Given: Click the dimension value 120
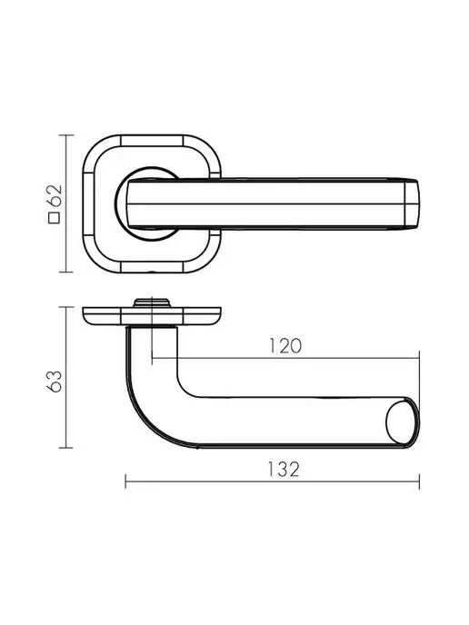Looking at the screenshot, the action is click(285, 346).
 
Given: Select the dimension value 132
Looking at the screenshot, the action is click(284, 469).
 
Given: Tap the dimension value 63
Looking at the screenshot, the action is click(55, 382).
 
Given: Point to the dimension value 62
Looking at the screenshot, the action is click(55, 195).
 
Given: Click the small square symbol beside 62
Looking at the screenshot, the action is click(55, 218).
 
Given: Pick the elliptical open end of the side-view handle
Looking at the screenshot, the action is click(402, 422).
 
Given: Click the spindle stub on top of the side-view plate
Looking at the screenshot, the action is click(152, 303).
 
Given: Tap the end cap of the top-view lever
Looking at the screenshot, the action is click(412, 204).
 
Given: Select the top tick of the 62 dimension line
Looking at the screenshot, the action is click(66, 135).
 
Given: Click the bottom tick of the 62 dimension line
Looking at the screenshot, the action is click(66, 273).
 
